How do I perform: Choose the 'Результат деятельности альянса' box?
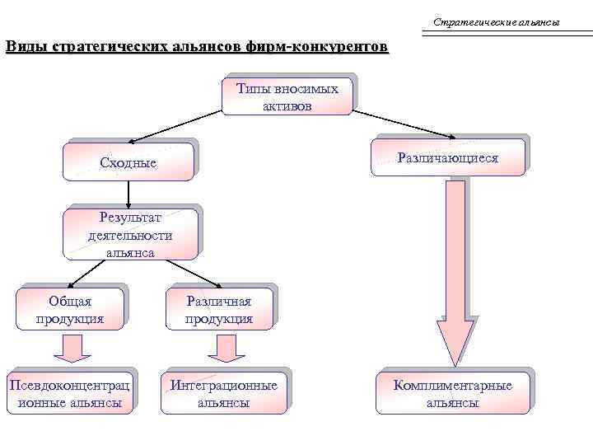pyautogui.click(x=130, y=235)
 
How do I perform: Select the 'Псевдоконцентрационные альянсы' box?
pyautogui.click(x=69, y=394)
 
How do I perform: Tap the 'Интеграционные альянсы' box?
pyautogui.click(x=223, y=394)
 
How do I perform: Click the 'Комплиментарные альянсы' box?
pyautogui.click(x=452, y=394)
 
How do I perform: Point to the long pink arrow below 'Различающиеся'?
pyautogui.click(x=455, y=272)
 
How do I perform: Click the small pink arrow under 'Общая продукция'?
pyautogui.click(x=72, y=348)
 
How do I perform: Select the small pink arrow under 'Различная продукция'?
pyautogui.click(x=220, y=348)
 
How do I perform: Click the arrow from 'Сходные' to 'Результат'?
pyautogui.click(x=128, y=193)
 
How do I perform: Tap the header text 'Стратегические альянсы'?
pyautogui.click(x=496, y=21)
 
